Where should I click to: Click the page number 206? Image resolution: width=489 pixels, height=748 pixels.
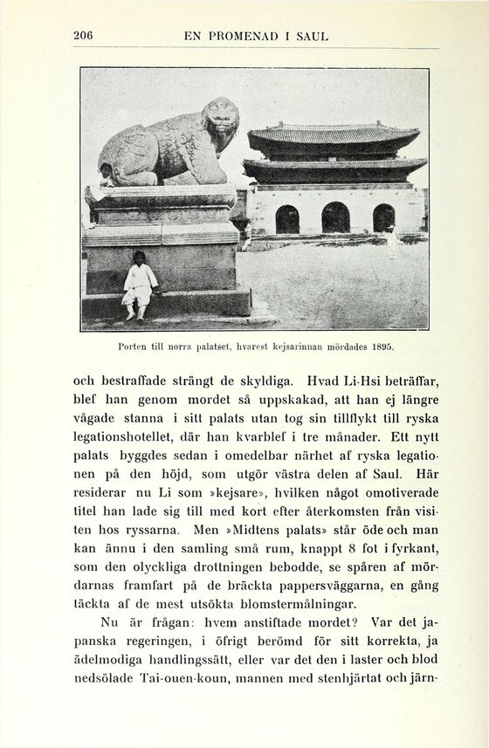tap(83, 36)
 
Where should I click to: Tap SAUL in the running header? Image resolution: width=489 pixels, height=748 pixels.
tap(312, 37)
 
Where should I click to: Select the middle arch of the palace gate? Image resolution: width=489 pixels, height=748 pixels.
tap(335, 217)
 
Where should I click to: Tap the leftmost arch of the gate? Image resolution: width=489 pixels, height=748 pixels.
tap(287, 219)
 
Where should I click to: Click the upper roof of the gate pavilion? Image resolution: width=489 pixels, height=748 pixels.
tap(333, 135)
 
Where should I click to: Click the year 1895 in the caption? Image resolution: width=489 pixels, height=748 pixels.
tap(382, 347)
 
